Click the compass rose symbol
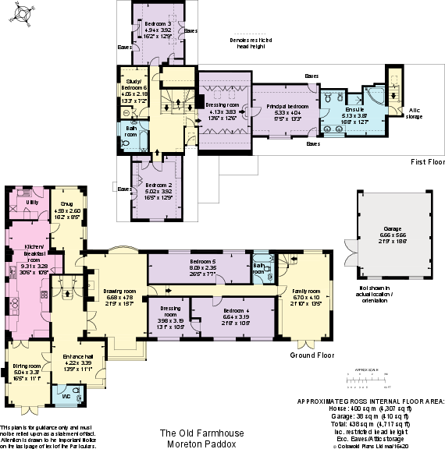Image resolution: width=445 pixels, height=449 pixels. click(22, 13)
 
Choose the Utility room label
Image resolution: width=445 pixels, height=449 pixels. click(31, 202)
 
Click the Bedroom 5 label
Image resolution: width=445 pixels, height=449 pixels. click(202, 261)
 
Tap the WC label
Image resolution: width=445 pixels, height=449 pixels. click(65, 395)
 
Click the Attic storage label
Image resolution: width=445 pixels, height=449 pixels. click(414, 112)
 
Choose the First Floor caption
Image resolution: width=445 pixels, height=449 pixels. click(427, 161)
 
